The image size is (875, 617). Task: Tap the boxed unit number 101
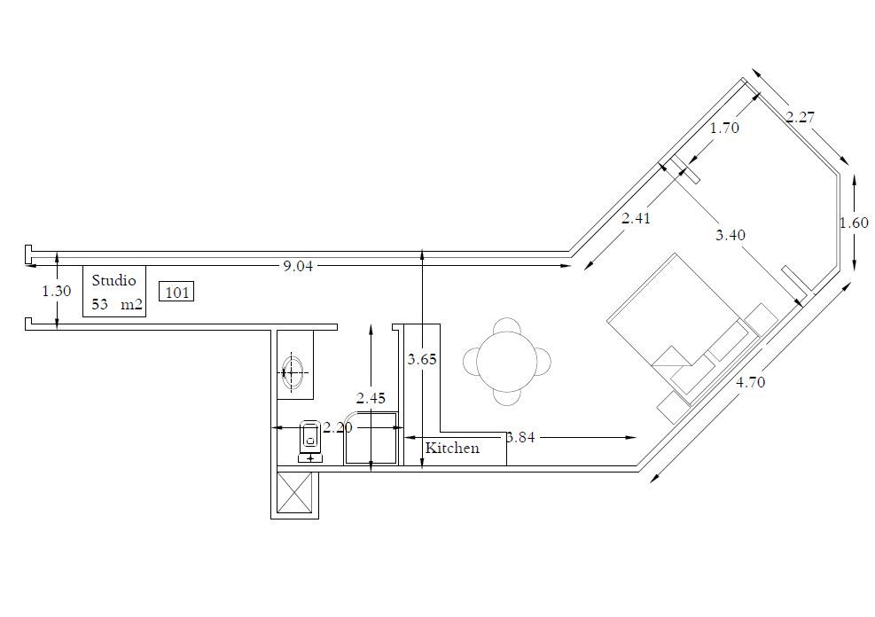[177, 292]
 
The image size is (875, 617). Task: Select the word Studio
[114, 280]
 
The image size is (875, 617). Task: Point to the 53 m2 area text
[116, 304]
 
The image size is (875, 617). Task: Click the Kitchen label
[452, 448]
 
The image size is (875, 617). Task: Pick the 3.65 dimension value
[422, 360]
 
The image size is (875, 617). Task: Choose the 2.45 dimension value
[371, 398]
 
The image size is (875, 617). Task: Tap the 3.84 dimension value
[521, 437]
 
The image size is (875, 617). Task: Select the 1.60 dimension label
[854, 223]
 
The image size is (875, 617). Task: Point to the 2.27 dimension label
[800, 116]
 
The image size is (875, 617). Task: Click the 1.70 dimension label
[724, 128]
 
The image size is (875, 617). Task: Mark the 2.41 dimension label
[637, 218]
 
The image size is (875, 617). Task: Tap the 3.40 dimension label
[730, 235]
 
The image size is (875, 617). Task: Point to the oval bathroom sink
[293, 370]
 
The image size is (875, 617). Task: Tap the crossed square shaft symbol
[294, 492]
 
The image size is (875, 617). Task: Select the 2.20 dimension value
[338, 427]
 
